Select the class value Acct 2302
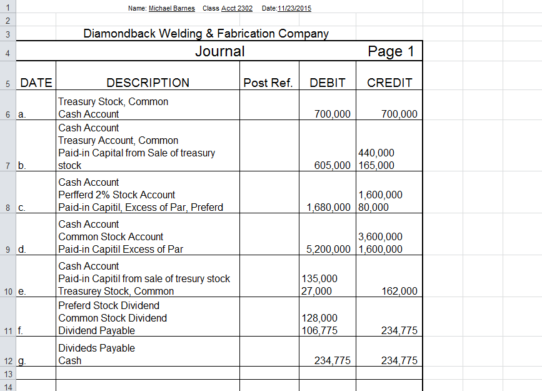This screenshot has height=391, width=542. click(x=237, y=8)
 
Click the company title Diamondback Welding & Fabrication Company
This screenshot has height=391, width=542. click(x=206, y=34)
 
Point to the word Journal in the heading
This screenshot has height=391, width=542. click(x=220, y=51)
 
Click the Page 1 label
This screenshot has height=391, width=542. click(x=391, y=51)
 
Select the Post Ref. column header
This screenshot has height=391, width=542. click(x=268, y=83)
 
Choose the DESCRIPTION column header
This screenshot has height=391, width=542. click(x=148, y=83)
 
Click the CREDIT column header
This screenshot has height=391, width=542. click(x=389, y=83)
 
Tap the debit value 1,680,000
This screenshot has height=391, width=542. click(x=329, y=207)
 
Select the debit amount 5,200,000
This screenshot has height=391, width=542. click(x=329, y=249)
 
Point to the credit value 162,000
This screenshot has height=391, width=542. click(x=399, y=291)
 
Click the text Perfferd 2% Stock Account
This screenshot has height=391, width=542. click(x=117, y=195)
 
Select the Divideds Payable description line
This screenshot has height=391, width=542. click(x=96, y=348)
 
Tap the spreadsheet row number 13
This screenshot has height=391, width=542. click(x=8, y=373)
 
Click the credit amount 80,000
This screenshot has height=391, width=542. click(x=374, y=207)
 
